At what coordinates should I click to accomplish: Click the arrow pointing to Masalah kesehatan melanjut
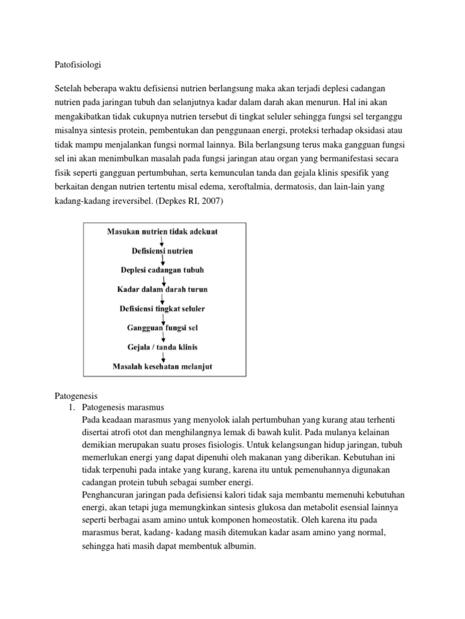163,357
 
